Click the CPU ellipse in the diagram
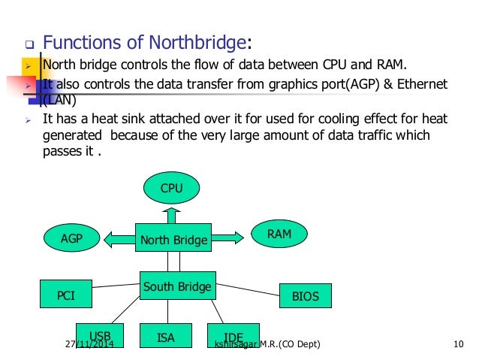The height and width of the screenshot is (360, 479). (171, 187)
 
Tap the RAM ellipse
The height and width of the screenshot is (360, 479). (279, 235)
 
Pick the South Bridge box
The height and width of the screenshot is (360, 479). (177, 287)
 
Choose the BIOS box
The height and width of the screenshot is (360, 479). (305, 296)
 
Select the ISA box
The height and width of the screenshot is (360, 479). (166, 337)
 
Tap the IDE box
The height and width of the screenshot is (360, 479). (233, 337)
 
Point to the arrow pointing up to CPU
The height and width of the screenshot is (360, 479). (171, 215)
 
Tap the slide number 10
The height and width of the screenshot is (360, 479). (459, 345)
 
